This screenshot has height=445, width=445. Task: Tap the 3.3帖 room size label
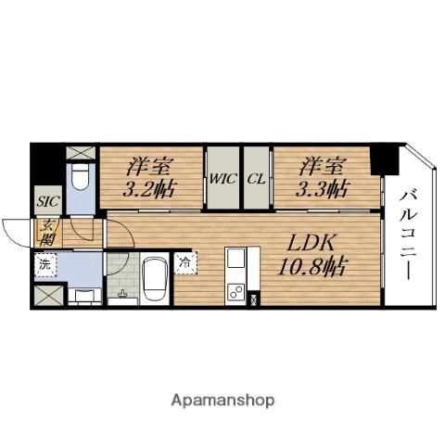324,190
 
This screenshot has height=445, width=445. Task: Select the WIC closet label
222,179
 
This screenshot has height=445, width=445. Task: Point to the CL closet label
257,179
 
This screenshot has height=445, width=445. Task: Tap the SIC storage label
46,198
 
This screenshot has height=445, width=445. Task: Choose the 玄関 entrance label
45,231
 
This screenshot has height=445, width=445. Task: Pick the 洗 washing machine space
44,264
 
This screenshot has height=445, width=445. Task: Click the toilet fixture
81,173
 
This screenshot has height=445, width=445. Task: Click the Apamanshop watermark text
222,400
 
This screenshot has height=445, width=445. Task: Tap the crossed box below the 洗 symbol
45,297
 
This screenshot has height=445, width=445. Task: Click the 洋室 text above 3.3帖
324,168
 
